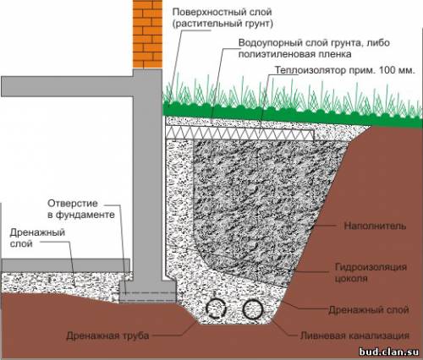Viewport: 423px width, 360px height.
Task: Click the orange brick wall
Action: (147, 34)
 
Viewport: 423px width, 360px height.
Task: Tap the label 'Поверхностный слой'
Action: (222, 12)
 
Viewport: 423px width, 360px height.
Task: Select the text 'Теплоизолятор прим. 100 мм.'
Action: (345, 70)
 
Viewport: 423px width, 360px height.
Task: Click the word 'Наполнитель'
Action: (376, 226)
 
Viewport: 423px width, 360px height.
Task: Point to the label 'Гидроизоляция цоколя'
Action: (371, 272)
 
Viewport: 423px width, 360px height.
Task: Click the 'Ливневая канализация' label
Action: (354, 335)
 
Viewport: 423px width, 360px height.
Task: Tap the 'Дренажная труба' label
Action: (107, 335)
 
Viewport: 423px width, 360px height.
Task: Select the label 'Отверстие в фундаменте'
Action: (81, 209)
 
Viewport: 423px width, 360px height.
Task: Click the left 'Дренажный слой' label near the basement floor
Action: (37, 237)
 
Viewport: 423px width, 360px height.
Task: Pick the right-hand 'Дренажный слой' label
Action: (369, 310)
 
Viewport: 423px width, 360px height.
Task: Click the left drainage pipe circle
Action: (217, 309)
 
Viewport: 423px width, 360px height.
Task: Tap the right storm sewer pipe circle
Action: (253, 308)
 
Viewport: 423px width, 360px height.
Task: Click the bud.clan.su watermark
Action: (389, 352)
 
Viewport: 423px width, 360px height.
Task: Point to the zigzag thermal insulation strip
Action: (240, 133)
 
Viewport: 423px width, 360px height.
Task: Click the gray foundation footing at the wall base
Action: (148, 292)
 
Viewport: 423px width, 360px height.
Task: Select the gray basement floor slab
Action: (65, 265)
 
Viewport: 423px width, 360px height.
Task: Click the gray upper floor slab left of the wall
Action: (67, 86)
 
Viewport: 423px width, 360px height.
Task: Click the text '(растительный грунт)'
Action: (222, 24)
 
